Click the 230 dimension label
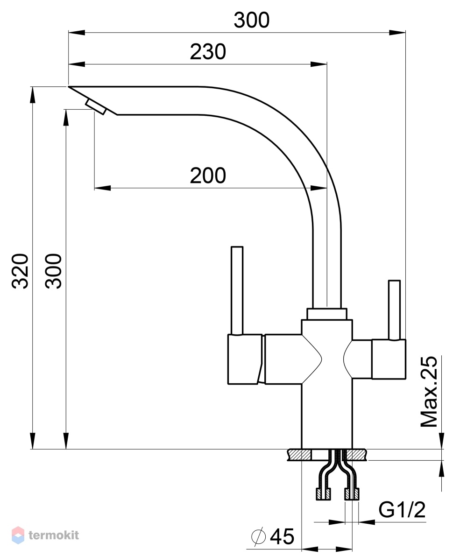(208, 52)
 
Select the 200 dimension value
(208, 176)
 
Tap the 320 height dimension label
(20, 271)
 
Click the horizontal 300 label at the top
(252, 20)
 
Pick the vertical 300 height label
(54, 271)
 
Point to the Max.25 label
(429, 392)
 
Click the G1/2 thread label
(402, 510)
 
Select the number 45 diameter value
(282, 536)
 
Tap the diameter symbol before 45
(259, 536)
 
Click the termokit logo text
(54, 535)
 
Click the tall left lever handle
(237, 290)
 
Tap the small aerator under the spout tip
(96, 107)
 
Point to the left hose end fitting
(323, 493)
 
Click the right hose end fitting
(352, 493)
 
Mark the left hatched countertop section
(300, 455)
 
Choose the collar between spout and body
(326, 314)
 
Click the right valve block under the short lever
(389, 359)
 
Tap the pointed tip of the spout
(69, 86)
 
